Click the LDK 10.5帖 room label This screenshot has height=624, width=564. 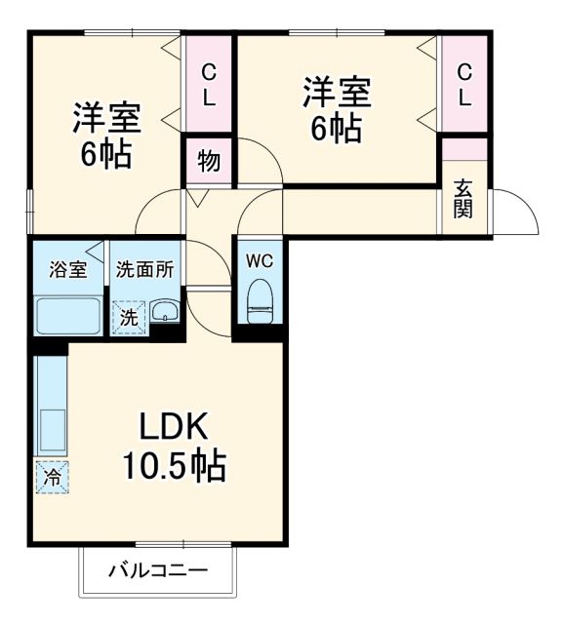pos(173,448)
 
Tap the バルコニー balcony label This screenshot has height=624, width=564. pos(157,569)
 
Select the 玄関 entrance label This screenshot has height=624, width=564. pos(463,200)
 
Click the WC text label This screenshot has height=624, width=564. pos(259,261)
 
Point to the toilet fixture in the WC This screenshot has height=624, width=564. pos(261,301)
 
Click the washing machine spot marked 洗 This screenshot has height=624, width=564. pos(128,316)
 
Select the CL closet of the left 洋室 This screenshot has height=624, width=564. pos(209,85)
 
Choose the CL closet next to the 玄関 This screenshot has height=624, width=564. pos(464,85)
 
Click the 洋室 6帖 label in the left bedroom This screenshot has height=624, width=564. pos(106,136)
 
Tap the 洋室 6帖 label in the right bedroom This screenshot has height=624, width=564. pos(336,109)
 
